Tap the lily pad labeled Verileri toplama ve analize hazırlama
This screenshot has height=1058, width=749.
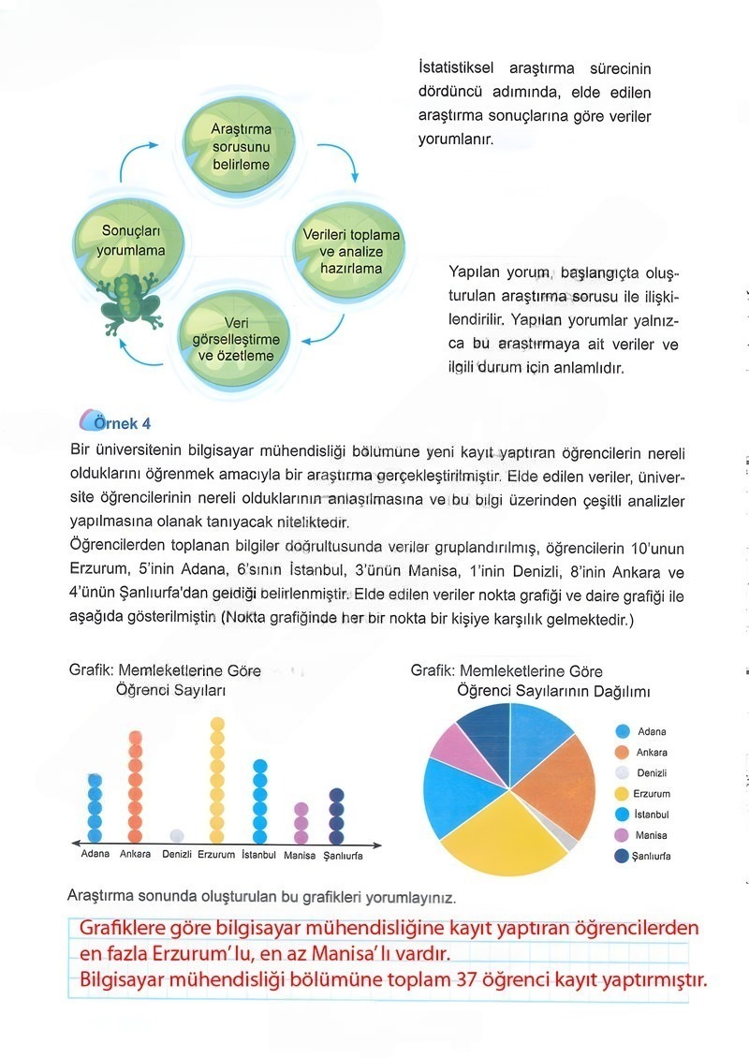(350, 251)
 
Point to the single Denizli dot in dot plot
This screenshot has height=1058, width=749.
(176, 835)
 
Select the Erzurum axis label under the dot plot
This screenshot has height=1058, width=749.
(216, 855)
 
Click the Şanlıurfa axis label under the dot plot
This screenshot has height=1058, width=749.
(343, 856)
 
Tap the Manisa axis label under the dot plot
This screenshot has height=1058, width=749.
(300, 856)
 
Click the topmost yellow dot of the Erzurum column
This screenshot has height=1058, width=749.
(217, 723)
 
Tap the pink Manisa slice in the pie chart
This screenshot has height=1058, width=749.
(455, 745)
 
